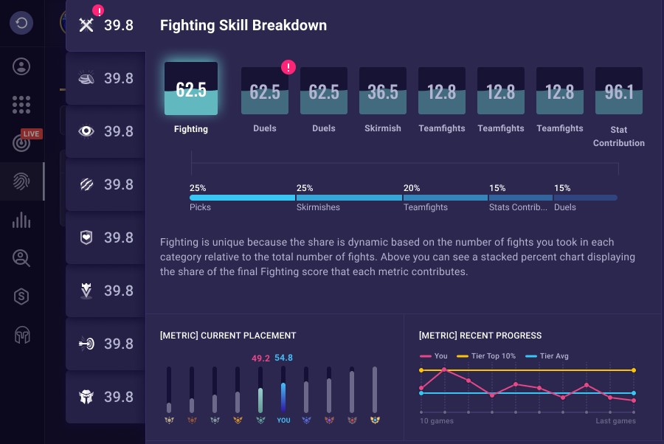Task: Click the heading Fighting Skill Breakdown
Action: click(x=243, y=25)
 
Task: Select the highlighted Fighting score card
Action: click(x=191, y=89)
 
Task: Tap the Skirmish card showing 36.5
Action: click(x=383, y=91)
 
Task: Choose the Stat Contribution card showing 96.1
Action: click(x=619, y=91)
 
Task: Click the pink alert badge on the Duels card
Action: click(x=288, y=68)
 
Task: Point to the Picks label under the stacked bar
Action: click(x=200, y=207)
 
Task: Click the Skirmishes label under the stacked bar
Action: click(x=318, y=207)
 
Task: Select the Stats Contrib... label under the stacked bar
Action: click(x=518, y=207)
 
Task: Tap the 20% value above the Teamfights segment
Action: click(x=412, y=188)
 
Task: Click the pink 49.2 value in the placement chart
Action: click(x=260, y=358)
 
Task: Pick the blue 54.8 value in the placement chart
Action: click(x=284, y=358)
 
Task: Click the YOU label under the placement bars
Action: click(x=283, y=420)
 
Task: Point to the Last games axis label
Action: click(x=615, y=421)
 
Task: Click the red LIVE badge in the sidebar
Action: click(x=31, y=134)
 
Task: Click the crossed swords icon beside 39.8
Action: click(x=87, y=25)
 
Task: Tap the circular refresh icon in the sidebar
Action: click(x=21, y=23)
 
